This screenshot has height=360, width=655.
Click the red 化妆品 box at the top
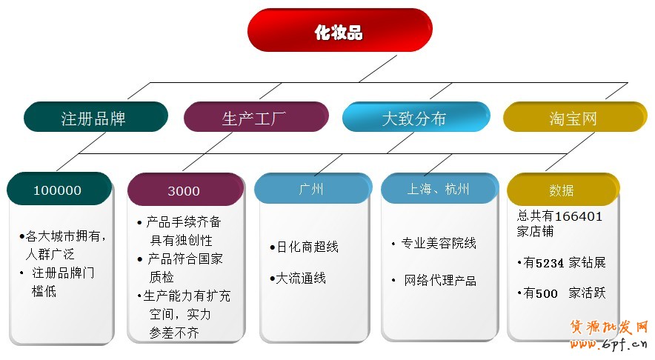tap(339, 30)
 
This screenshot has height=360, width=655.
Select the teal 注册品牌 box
tap(96, 117)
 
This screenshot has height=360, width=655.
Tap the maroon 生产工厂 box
tap(255, 117)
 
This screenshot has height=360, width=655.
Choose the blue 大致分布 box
tap(414, 117)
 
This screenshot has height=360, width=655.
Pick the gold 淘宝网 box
tap(573, 117)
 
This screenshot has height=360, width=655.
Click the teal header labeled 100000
tap(59, 190)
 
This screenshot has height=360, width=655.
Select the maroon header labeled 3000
tap(184, 190)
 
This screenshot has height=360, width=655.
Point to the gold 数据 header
tap(562, 190)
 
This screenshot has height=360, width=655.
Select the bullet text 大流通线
tap(300, 279)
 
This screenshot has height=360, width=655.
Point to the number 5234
tap(551, 262)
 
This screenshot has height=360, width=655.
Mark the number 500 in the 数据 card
tap(547, 293)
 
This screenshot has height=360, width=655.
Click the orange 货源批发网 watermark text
tap(608, 327)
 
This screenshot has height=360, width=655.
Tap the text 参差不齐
tap(175, 333)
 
